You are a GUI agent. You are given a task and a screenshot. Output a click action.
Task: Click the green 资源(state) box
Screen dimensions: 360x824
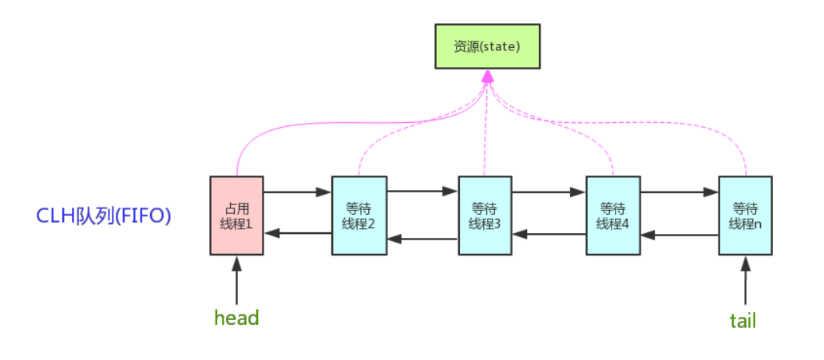point(486,46)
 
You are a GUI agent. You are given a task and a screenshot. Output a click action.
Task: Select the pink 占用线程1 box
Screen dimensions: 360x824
point(236,216)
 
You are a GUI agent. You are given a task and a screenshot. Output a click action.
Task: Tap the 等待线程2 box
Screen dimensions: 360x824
point(359,216)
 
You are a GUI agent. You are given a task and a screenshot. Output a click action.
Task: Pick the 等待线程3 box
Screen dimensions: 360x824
point(485,216)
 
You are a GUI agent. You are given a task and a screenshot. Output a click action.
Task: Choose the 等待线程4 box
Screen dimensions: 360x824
point(612,216)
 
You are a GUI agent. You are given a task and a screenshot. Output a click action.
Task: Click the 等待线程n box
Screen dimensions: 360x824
point(745,216)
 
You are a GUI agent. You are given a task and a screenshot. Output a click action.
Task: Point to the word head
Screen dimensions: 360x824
point(236,318)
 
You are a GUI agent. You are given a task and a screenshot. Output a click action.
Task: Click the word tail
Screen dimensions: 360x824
point(743,320)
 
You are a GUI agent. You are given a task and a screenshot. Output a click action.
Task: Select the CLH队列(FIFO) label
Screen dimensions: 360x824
point(105,216)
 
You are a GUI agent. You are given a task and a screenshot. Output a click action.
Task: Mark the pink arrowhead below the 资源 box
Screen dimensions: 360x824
point(487,77)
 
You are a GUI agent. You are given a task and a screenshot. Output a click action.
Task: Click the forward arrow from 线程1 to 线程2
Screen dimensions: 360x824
point(297,192)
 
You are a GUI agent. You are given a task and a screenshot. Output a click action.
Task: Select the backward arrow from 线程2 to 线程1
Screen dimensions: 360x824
point(297,233)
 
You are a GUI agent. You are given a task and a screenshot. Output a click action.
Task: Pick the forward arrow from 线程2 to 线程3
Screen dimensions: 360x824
point(422,192)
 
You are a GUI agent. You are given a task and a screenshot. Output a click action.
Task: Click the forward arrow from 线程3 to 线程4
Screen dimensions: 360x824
point(549,192)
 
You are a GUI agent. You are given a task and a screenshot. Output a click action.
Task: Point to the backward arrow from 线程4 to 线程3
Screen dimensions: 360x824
point(549,235)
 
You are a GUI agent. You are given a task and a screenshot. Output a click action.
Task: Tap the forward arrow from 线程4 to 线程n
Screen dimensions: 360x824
point(679,192)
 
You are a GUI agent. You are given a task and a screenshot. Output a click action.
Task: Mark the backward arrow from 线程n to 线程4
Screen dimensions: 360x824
point(679,235)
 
